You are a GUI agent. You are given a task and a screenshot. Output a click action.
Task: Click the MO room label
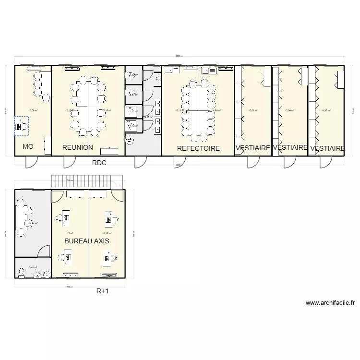(x=28, y=147)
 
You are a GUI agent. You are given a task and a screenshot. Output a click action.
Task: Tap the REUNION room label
(x=77, y=147)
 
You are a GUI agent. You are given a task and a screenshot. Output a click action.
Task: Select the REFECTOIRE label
(x=198, y=148)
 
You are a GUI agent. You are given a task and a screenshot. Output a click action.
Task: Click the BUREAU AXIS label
(x=87, y=241)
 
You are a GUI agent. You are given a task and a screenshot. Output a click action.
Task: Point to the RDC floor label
(x=99, y=163)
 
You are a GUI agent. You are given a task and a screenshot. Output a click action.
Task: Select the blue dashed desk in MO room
(x=21, y=126)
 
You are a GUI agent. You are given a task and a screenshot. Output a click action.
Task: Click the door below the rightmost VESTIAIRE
(x=322, y=161)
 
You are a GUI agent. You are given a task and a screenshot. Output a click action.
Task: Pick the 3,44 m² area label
(x=33, y=267)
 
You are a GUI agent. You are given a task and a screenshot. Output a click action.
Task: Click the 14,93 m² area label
(x=325, y=110)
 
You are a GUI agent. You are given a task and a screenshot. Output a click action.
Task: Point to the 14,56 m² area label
(x=107, y=233)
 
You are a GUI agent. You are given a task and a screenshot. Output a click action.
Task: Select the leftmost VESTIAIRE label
(x=252, y=148)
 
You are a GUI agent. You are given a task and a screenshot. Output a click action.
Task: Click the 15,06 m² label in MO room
(x=33, y=110)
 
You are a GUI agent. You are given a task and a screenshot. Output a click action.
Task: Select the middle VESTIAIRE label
(x=289, y=148)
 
